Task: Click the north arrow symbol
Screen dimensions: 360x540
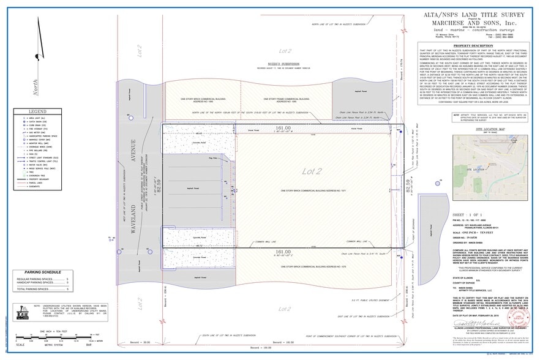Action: click(x=26, y=86)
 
